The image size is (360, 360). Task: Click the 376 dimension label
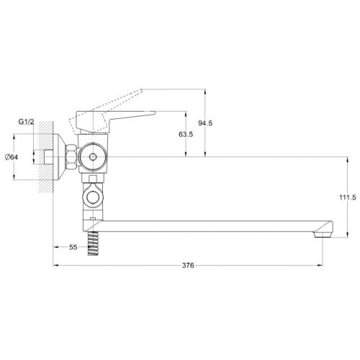188,266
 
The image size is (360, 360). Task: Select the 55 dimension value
73,247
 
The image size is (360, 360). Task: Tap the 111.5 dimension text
348,198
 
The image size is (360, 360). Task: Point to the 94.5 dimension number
205,123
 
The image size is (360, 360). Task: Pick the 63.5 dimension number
186,135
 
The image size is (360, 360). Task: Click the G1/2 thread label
27,122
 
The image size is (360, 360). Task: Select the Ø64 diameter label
12,158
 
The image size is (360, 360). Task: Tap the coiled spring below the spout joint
93,243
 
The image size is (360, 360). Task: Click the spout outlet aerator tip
323,235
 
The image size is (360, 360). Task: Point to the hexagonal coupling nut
71,157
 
